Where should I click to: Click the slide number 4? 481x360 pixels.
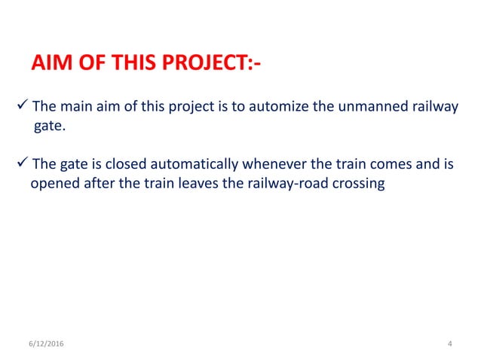450,344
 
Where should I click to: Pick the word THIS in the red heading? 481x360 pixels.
130,65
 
